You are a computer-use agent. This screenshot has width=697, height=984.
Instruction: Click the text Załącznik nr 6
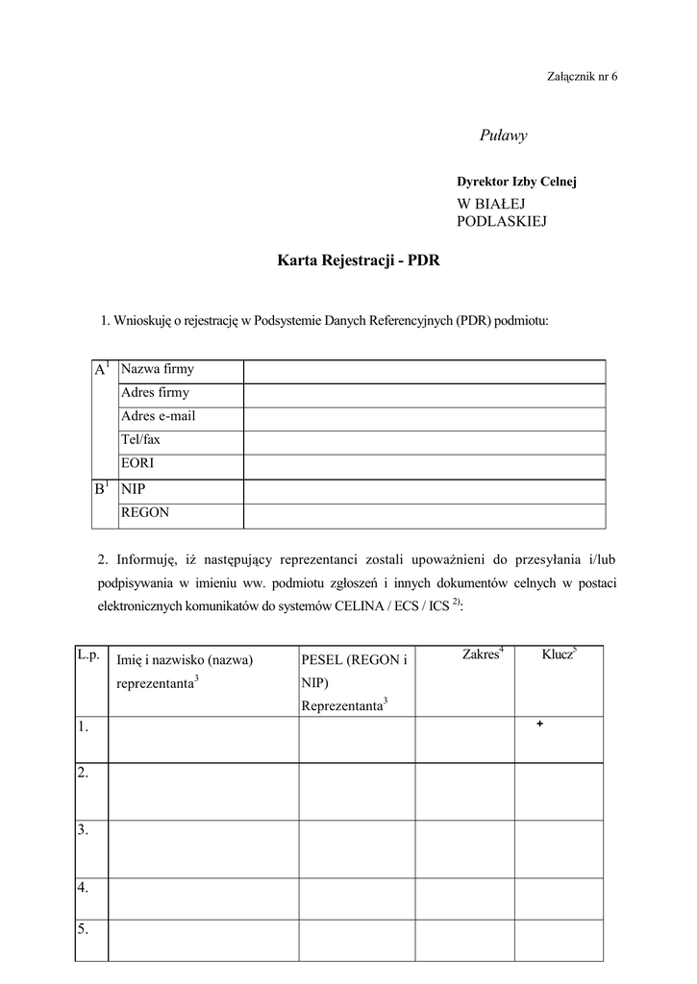(x=582, y=76)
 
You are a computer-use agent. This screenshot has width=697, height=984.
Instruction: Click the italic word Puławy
(x=504, y=135)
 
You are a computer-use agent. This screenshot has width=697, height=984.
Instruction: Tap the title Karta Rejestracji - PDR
(x=359, y=259)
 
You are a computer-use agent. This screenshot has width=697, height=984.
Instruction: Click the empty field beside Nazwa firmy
(x=424, y=371)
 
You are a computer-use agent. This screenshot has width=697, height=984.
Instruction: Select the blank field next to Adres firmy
(x=424, y=394)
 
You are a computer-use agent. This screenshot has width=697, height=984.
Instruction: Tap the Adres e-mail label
(x=158, y=416)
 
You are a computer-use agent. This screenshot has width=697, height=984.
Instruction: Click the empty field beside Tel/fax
(x=424, y=442)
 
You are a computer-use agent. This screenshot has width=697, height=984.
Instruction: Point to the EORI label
(x=137, y=463)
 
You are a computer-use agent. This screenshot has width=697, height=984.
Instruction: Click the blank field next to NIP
(x=424, y=490)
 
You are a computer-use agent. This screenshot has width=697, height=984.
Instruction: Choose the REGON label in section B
(x=145, y=513)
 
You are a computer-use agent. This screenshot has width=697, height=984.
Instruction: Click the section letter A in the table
(x=99, y=370)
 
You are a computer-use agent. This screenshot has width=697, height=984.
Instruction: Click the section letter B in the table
(x=99, y=489)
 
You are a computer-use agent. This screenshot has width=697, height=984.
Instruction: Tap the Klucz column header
(x=559, y=653)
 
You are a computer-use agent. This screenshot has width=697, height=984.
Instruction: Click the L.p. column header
(x=87, y=654)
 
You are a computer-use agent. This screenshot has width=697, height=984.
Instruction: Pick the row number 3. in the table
(x=83, y=829)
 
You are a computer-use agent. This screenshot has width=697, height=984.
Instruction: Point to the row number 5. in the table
(x=83, y=929)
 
